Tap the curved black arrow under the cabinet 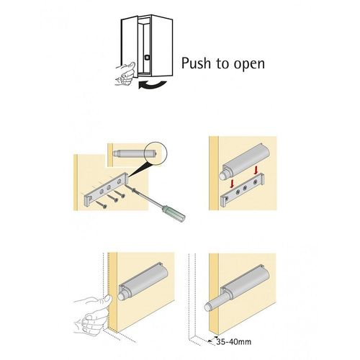(x=152, y=85)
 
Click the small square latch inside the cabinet (x=147, y=58)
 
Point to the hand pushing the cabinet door (x=125, y=73)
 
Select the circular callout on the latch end (x=156, y=153)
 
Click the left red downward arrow (x=232, y=184)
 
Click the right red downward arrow (x=256, y=170)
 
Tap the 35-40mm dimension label (x=233, y=341)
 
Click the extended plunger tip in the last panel (x=208, y=307)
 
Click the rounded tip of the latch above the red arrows (x=223, y=175)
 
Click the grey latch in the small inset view (x=135, y=153)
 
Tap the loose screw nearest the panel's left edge (x=102, y=204)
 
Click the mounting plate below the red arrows (x=243, y=189)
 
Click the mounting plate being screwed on (x=106, y=189)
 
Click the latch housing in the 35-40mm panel (x=246, y=279)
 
